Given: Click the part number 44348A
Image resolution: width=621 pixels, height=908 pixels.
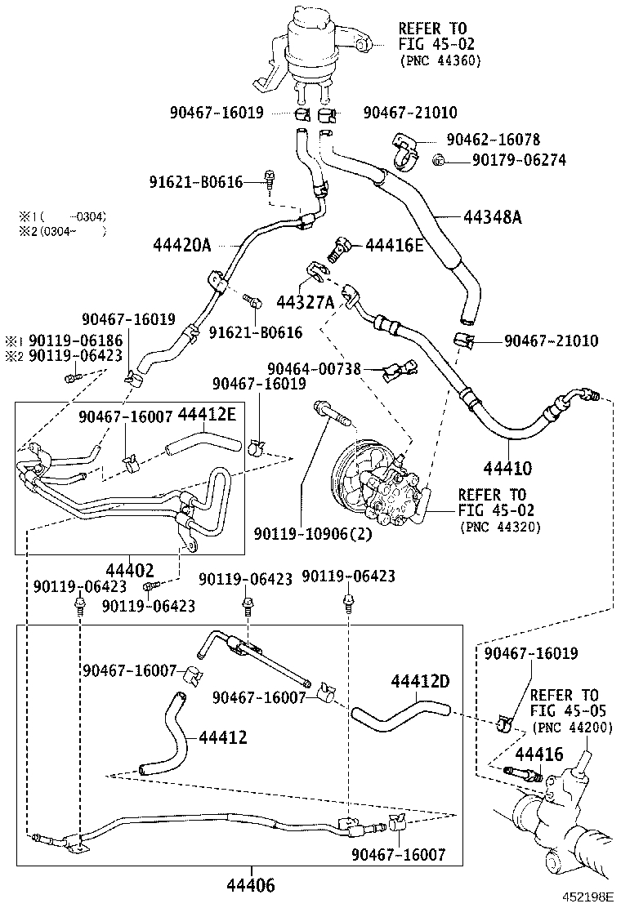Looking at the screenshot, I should (x=493, y=217).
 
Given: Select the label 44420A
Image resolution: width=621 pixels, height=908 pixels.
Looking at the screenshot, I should (x=181, y=244).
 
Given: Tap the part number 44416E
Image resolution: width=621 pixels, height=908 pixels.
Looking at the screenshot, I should (x=394, y=244).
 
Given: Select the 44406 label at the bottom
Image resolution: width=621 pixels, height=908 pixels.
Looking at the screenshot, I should (x=250, y=885).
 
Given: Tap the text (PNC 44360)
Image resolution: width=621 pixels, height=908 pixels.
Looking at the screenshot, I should (x=440, y=60).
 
